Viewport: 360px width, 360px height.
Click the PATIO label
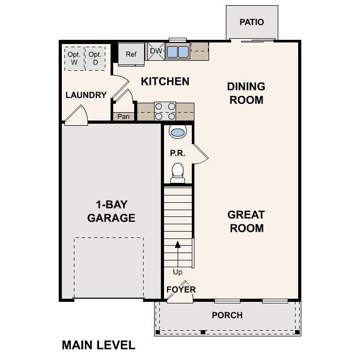tap(252, 22)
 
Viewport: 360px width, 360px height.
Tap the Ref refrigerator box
tap(130, 54)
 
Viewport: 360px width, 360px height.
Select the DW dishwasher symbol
tap(156, 51)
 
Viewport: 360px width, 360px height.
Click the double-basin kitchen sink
tap(178, 51)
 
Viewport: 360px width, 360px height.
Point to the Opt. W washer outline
tap(74, 58)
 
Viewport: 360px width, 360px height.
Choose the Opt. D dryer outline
tap(95, 58)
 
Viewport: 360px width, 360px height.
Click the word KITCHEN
tap(165, 82)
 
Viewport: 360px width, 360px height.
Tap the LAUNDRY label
tap(86, 95)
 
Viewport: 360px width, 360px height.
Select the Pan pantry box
tap(123, 116)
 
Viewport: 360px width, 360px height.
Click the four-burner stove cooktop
tap(165, 111)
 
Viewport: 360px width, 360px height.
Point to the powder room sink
tap(178, 132)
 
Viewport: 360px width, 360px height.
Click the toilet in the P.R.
tap(178, 172)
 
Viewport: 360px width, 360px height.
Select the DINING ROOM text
tap(246, 93)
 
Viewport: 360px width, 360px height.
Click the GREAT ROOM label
tap(246, 221)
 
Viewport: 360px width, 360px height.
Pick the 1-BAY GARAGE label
tap(111, 211)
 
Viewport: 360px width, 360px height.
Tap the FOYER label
tap(181, 289)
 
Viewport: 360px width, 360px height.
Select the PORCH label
tap(227, 315)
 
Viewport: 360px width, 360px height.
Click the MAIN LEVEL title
tap(99, 345)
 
